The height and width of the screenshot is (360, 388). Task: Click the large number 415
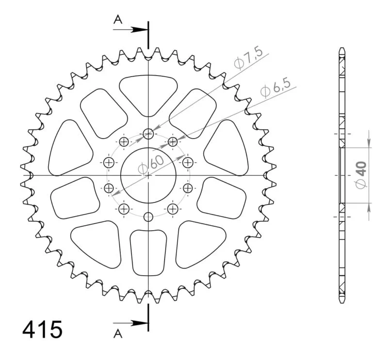click(x=42, y=329)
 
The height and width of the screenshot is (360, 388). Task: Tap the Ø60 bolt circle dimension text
click(x=151, y=164)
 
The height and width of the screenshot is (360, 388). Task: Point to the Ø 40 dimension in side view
click(x=361, y=174)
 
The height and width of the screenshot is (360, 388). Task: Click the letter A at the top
click(x=118, y=19)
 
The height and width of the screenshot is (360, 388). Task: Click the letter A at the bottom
click(x=118, y=334)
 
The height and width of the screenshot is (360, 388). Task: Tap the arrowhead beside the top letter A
click(x=139, y=30)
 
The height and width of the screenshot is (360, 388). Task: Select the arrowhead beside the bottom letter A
click(x=139, y=323)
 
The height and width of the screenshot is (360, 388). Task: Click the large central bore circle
click(x=148, y=148)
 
